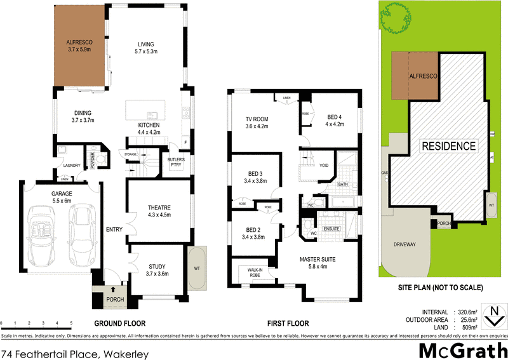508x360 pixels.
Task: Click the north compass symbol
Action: pos(493,314)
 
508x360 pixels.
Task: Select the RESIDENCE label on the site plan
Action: pos(450,146)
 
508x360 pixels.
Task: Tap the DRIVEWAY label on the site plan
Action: pos(406,243)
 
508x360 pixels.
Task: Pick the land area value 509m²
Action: pos(467,328)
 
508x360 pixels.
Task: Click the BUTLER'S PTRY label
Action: pos(176,162)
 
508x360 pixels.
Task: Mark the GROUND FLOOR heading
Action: pos(117,323)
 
